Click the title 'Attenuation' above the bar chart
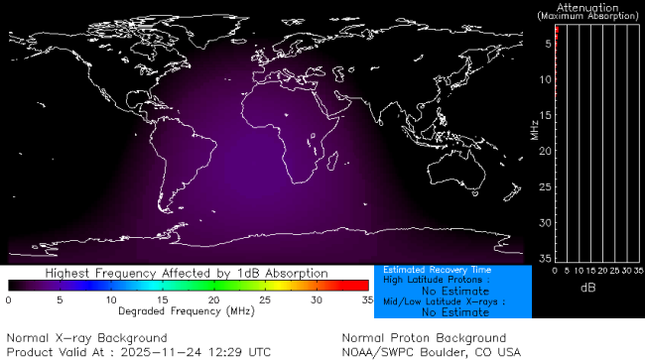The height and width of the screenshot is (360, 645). point(589,7)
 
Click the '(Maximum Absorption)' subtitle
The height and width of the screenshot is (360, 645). point(589,16)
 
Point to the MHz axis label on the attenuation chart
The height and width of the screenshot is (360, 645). point(534,130)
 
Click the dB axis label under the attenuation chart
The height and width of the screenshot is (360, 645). point(588,288)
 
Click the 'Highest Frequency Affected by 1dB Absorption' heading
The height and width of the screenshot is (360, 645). point(186,273)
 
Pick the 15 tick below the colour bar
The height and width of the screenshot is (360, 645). point(162,300)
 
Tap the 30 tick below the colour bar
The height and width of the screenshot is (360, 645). point(316,300)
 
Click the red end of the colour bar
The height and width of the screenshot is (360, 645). point(362,286)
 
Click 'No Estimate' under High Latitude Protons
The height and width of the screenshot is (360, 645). point(455,291)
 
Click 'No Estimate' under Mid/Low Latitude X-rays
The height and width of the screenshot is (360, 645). point(455,311)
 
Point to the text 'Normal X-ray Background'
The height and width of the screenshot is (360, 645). point(86,338)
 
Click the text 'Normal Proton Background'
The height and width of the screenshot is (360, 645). point(424,338)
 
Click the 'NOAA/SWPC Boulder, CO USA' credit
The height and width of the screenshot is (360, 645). point(431,351)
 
